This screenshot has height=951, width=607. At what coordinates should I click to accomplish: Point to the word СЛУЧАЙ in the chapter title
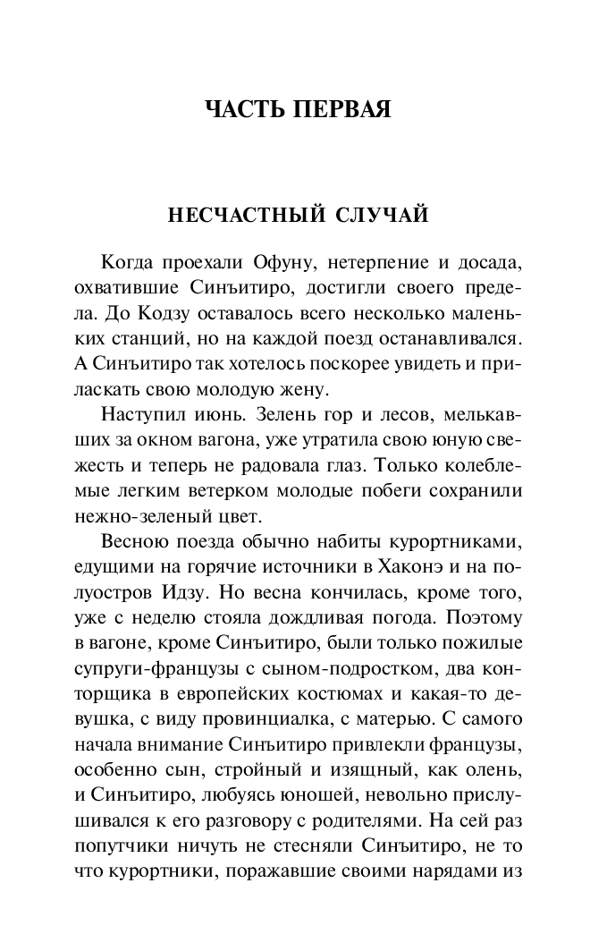[x=379, y=216]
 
